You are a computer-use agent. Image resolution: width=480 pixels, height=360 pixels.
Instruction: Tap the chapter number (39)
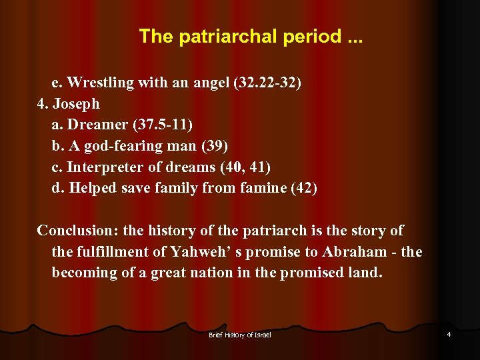(x=213, y=146)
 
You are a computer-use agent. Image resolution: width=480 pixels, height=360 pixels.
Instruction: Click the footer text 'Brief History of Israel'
(x=240, y=335)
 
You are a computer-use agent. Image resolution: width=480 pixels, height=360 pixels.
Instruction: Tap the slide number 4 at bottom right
(x=449, y=334)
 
